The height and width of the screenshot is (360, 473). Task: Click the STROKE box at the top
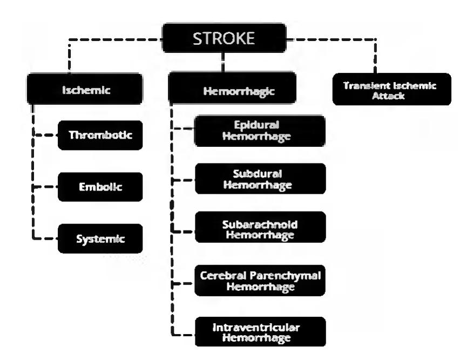224,37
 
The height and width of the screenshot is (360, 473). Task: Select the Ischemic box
85,90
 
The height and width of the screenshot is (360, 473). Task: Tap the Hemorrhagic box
232,91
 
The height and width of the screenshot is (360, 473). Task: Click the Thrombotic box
100,134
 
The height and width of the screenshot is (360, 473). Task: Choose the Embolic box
100,187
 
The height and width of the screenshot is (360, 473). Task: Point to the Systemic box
100,238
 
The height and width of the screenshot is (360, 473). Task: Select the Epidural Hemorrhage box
260,130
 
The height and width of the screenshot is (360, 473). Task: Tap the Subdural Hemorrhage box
260,179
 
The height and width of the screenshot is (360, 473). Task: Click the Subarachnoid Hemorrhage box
260,229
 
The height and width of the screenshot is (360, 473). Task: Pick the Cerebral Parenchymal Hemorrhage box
260,280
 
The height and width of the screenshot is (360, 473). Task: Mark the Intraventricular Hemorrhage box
260,331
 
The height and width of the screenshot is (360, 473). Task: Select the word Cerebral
223,275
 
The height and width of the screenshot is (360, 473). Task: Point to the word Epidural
260,125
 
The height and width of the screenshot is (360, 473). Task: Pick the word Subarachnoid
260,223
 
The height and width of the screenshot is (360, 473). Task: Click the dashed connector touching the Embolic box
46,187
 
